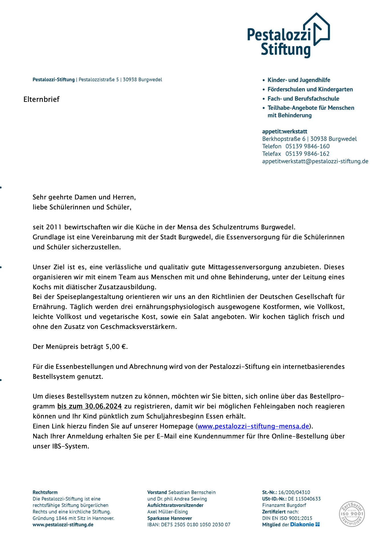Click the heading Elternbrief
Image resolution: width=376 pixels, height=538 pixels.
[x=41, y=99]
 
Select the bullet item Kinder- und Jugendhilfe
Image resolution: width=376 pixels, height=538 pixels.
[x=299, y=80]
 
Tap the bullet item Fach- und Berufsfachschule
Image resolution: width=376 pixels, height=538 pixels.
[x=303, y=99]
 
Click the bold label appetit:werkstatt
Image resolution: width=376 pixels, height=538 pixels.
[x=284, y=132]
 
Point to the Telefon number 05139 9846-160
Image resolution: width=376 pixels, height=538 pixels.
[x=307, y=146]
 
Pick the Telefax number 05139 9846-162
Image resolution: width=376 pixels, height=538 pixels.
[x=307, y=154]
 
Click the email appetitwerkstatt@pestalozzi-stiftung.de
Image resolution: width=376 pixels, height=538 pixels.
[x=315, y=161]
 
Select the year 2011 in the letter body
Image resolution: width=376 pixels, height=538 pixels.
[x=54, y=227]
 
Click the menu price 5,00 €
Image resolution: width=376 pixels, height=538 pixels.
[x=116, y=347]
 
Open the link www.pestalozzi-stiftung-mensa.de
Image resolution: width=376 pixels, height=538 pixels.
[x=253, y=426]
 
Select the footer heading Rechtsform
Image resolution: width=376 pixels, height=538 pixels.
[x=45, y=492]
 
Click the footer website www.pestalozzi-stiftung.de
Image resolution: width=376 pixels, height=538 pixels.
[x=63, y=525]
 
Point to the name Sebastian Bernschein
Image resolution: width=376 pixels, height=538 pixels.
[x=192, y=492]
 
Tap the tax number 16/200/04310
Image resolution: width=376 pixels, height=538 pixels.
[x=294, y=492]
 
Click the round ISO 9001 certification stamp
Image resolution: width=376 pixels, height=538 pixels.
[x=352, y=514]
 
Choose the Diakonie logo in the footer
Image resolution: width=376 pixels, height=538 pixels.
[x=305, y=525]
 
